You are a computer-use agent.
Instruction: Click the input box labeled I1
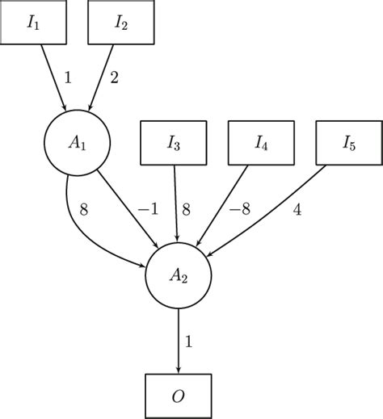pyautogui.click(x=33, y=23)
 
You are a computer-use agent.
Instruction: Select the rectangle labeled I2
pyautogui.click(x=120, y=23)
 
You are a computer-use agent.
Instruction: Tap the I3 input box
pyautogui.click(x=175, y=143)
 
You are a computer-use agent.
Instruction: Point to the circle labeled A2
pyautogui.click(x=179, y=274)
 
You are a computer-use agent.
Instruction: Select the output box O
pyautogui.click(x=179, y=396)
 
